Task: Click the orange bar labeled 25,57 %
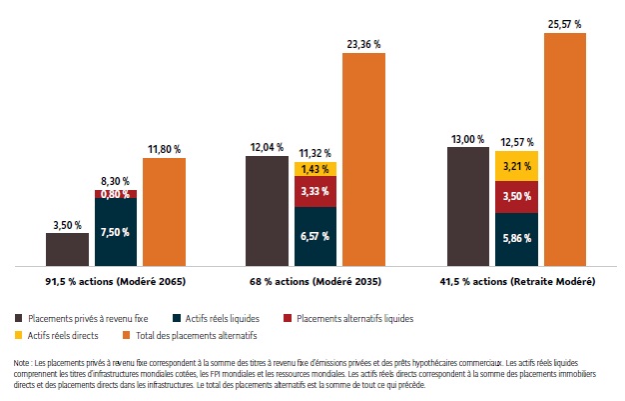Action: tap(564, 150)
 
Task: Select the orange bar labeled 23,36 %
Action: tap(363, 160)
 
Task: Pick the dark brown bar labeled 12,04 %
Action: tap(267, 211)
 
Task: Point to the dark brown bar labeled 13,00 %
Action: tap(467, 207)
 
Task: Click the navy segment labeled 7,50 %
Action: tap(116, 232)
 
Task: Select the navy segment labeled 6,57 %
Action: tap(315, 236)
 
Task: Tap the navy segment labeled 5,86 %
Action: tap(516, 240)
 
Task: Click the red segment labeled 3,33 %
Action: tap(315, 191)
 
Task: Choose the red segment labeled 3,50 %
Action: tap(516, 196)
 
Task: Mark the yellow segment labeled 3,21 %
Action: tap(516, 165)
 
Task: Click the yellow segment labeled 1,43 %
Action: tap(315, 168)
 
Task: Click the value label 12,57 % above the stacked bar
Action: tap(516, 142)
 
